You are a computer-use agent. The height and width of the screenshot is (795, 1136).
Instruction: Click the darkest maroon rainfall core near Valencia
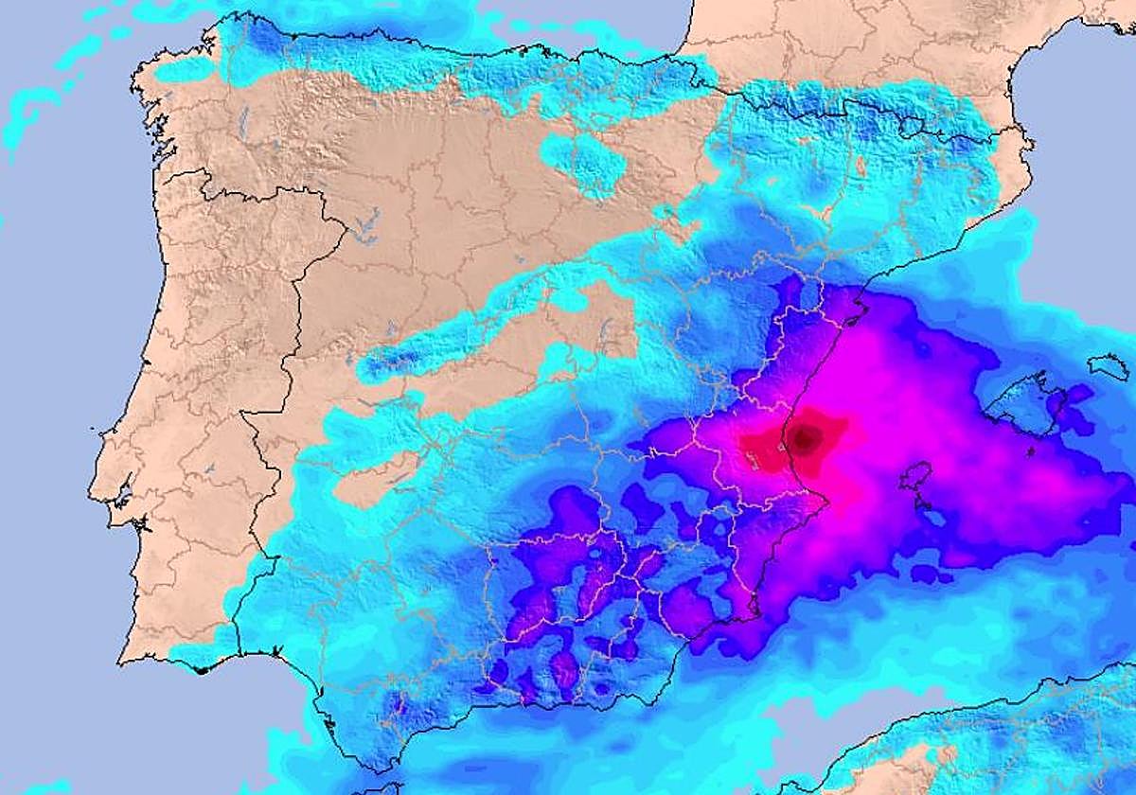tap(806, 437)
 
